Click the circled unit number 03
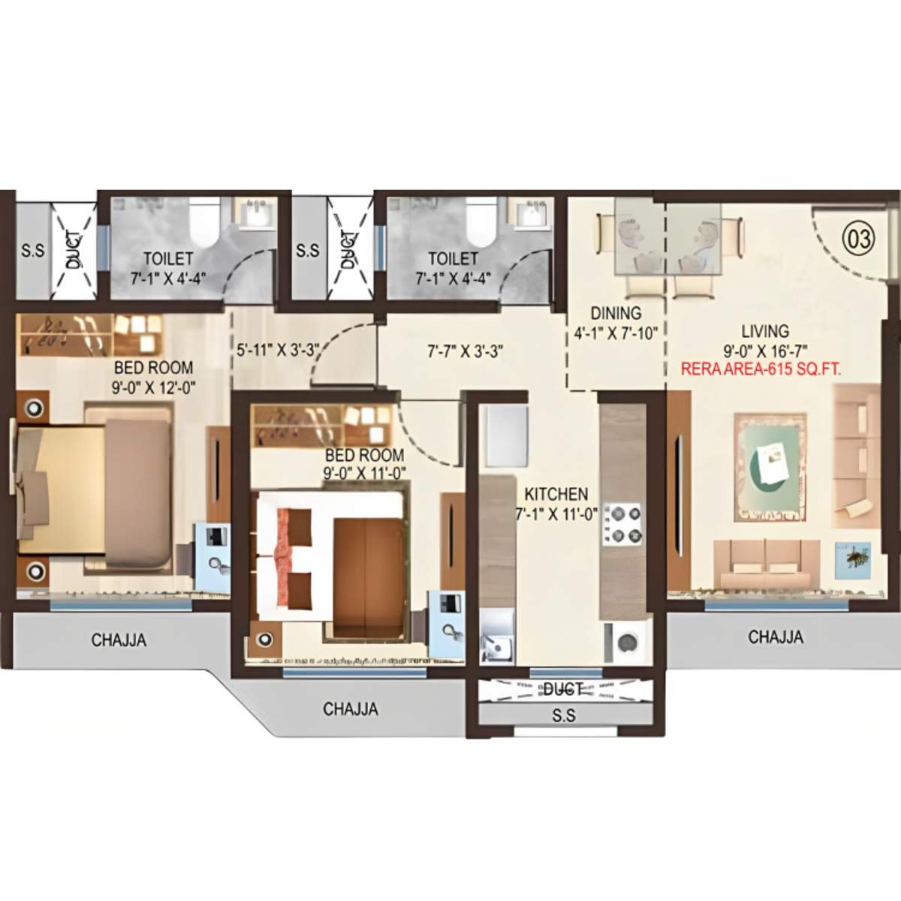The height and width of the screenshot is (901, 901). tap(860, 239)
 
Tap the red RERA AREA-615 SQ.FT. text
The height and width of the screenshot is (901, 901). tap(759, 369)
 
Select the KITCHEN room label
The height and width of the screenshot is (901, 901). tap(556, 494)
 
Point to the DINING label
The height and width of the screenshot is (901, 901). tap(616, 313)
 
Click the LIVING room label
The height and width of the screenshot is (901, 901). tap(765, 330)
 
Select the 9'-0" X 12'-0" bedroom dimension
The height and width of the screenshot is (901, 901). tap(152, 388)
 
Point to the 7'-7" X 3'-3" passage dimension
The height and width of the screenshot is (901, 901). tap(464, 350)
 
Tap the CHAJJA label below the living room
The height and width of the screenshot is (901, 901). tap(776, 637)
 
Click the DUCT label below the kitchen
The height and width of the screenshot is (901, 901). tap(563, 689)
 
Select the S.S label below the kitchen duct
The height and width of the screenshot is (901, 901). tap(563, 716)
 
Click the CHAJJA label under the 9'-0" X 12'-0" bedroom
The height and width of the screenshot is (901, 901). tap(119, 640)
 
